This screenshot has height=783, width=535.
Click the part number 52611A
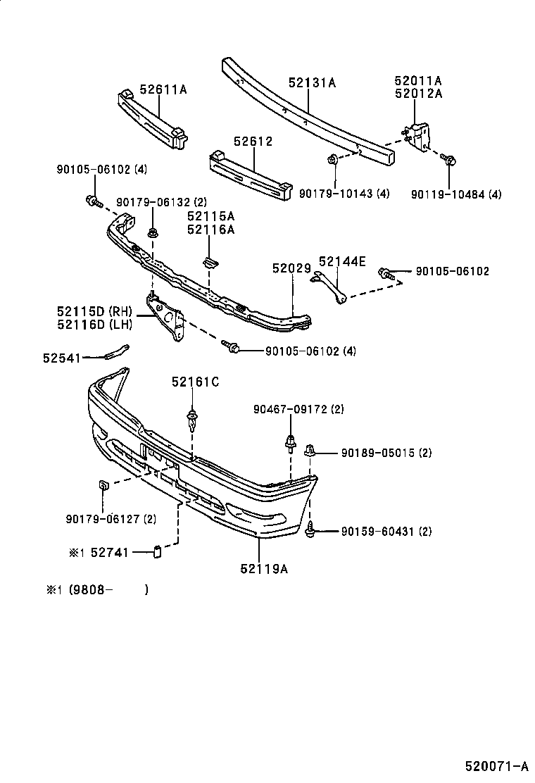pos(163,89)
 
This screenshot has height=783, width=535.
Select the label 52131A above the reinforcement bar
pos(312,82)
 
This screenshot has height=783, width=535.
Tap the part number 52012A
pos(418,94)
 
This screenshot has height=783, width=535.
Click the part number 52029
pos(291,268)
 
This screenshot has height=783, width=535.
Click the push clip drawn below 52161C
pos(192,420)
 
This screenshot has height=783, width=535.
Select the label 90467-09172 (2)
pos(298,409)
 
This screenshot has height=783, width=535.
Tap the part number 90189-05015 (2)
pos(386,453)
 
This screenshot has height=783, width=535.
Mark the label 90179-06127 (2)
pos(111,519)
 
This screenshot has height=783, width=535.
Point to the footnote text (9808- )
pos(108,590)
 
